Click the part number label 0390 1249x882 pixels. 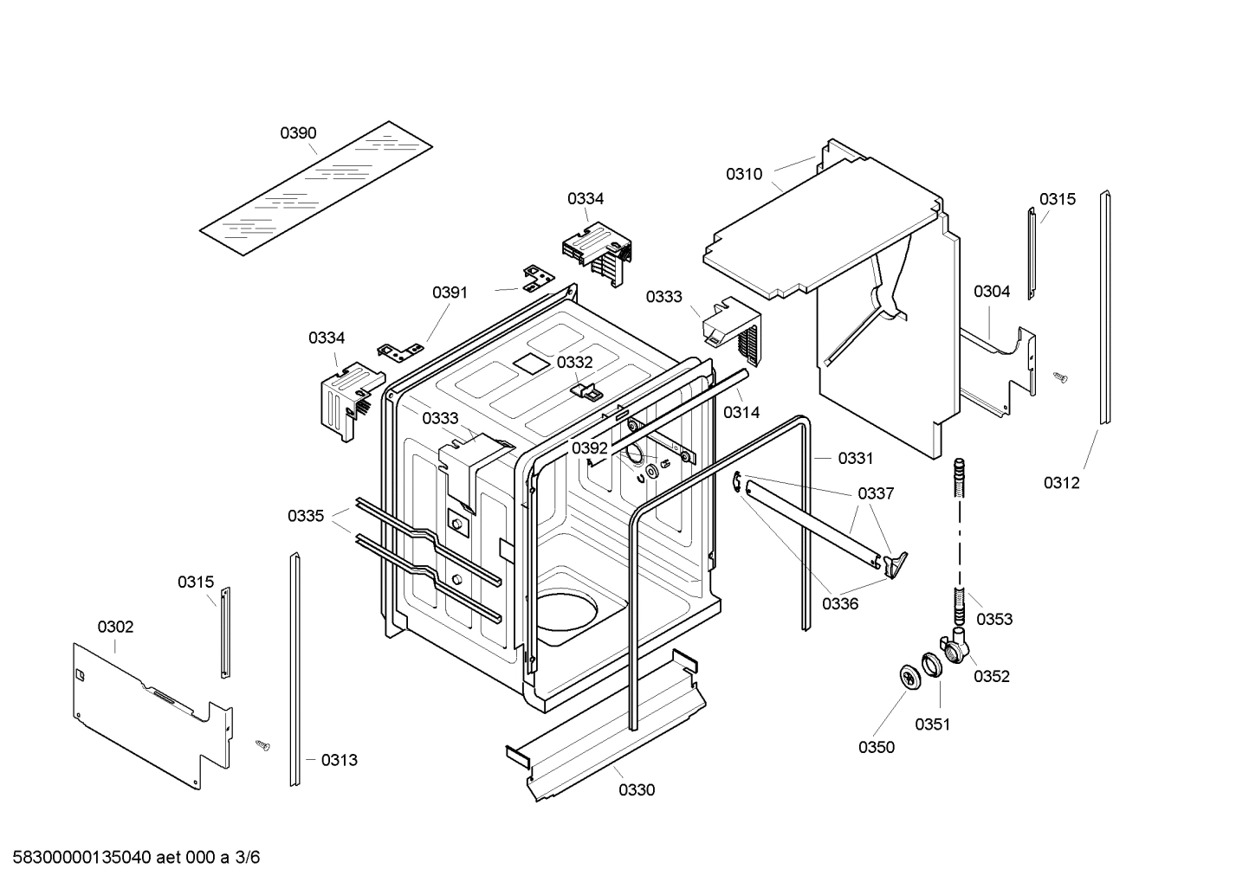(x=298, y=133)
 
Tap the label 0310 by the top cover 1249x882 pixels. (x=744, y=174)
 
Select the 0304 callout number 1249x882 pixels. (x=992, y=292)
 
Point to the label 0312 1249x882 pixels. (x=1061, y=483)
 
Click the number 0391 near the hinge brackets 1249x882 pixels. (x=450, y=293)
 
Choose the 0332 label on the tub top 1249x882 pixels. (x=575, y=363)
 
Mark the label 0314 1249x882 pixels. (x=741, y=412)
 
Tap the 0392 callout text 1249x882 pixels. (x=589, y=448)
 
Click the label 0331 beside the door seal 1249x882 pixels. (x=855, y=458)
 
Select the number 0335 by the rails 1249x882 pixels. (x=306, y=517)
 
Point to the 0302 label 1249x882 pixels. (x=115, y=627)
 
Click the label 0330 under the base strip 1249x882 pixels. (x=637, y=789)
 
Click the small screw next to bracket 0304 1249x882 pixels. (x=1060, y=377)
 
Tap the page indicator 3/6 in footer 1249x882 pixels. (x=247, y=858)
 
